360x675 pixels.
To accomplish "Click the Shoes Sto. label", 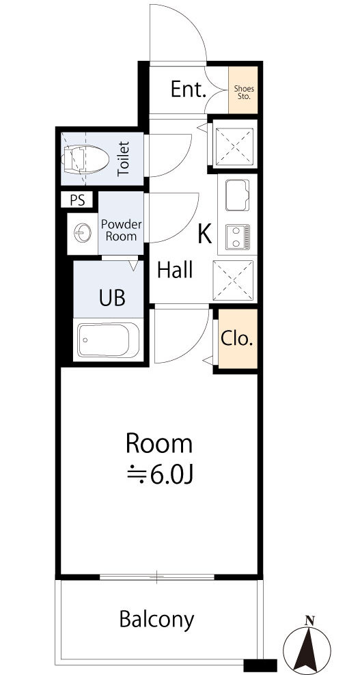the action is tap(244, 92).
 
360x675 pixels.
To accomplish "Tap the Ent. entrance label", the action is tap(188, 89).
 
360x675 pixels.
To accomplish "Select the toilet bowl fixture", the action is tap(85, 160).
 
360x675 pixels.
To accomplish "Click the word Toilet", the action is tap(124, 159).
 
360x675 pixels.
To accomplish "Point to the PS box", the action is tap(78, 200).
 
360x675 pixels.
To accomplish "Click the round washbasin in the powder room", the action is tap(83, 234).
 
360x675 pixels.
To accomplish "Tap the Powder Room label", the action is tap(122, 230).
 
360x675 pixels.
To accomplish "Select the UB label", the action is tap(112, 297).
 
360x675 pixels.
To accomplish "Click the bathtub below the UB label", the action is tap(109, 340).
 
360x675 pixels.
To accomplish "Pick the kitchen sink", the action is tap(237, 195).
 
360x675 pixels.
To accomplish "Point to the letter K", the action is tap(204, 234).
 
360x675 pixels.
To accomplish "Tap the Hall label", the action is tap(174, 271).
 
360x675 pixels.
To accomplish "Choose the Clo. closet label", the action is tap(237, 339).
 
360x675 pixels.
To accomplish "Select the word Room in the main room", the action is tap(159, 444).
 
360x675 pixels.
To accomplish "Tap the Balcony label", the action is tap(156, 620).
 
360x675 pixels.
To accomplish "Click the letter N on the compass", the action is tap(308, 620).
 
